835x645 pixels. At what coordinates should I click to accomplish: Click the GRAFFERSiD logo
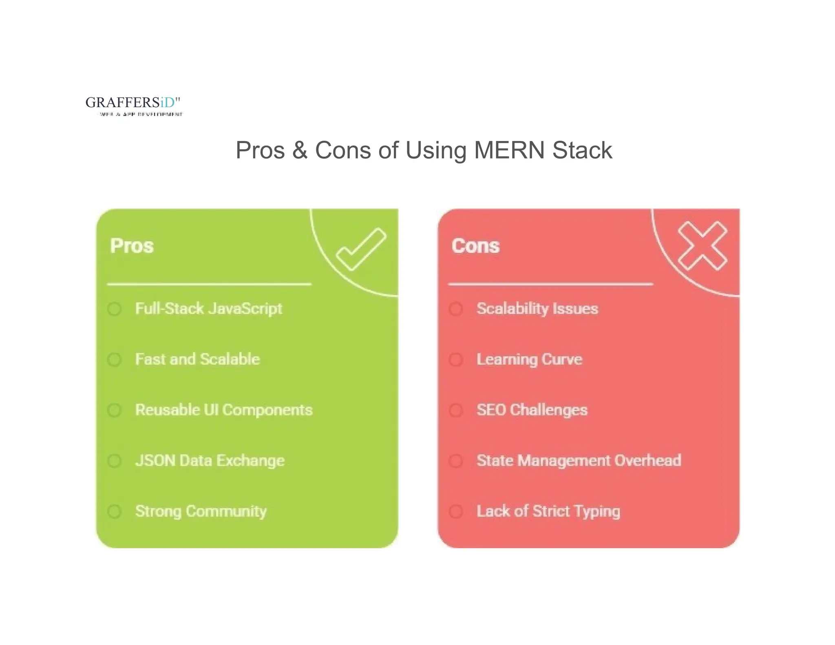tap(133, 105)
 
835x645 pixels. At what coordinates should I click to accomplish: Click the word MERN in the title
tap(509, 150)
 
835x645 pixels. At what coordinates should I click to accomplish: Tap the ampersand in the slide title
tap(300, 150)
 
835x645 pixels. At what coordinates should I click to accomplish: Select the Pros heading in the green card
tap(132, 246)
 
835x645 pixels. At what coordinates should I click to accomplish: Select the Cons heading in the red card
tap(475, 246)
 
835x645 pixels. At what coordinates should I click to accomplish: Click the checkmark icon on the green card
tap(361, 249)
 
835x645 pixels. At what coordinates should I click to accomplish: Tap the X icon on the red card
tap(702, 246)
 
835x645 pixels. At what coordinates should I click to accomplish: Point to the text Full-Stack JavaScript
tap(208, 309)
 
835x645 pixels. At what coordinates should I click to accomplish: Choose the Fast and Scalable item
tap(197, 359)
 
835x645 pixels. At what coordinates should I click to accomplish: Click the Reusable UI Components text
tap(224, 410)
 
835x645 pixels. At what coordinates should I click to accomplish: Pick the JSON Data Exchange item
tap(210, 461)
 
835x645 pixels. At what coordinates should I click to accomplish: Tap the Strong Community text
tap(201, 511)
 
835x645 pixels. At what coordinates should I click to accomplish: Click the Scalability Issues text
tap(537, 309)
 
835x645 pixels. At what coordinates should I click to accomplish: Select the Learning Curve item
tap(529, 359)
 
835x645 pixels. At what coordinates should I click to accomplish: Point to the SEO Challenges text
tap(532, 410)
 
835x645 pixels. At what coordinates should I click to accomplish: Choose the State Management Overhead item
tap(579, 461)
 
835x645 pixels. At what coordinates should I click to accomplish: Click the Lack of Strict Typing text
tap(548, 511)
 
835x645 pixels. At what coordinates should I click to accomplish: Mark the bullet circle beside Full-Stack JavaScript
tap(115, 309)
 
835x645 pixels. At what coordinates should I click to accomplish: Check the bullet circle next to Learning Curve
tap(456, 360)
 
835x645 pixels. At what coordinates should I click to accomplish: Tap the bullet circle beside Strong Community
tap(115, 511)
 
